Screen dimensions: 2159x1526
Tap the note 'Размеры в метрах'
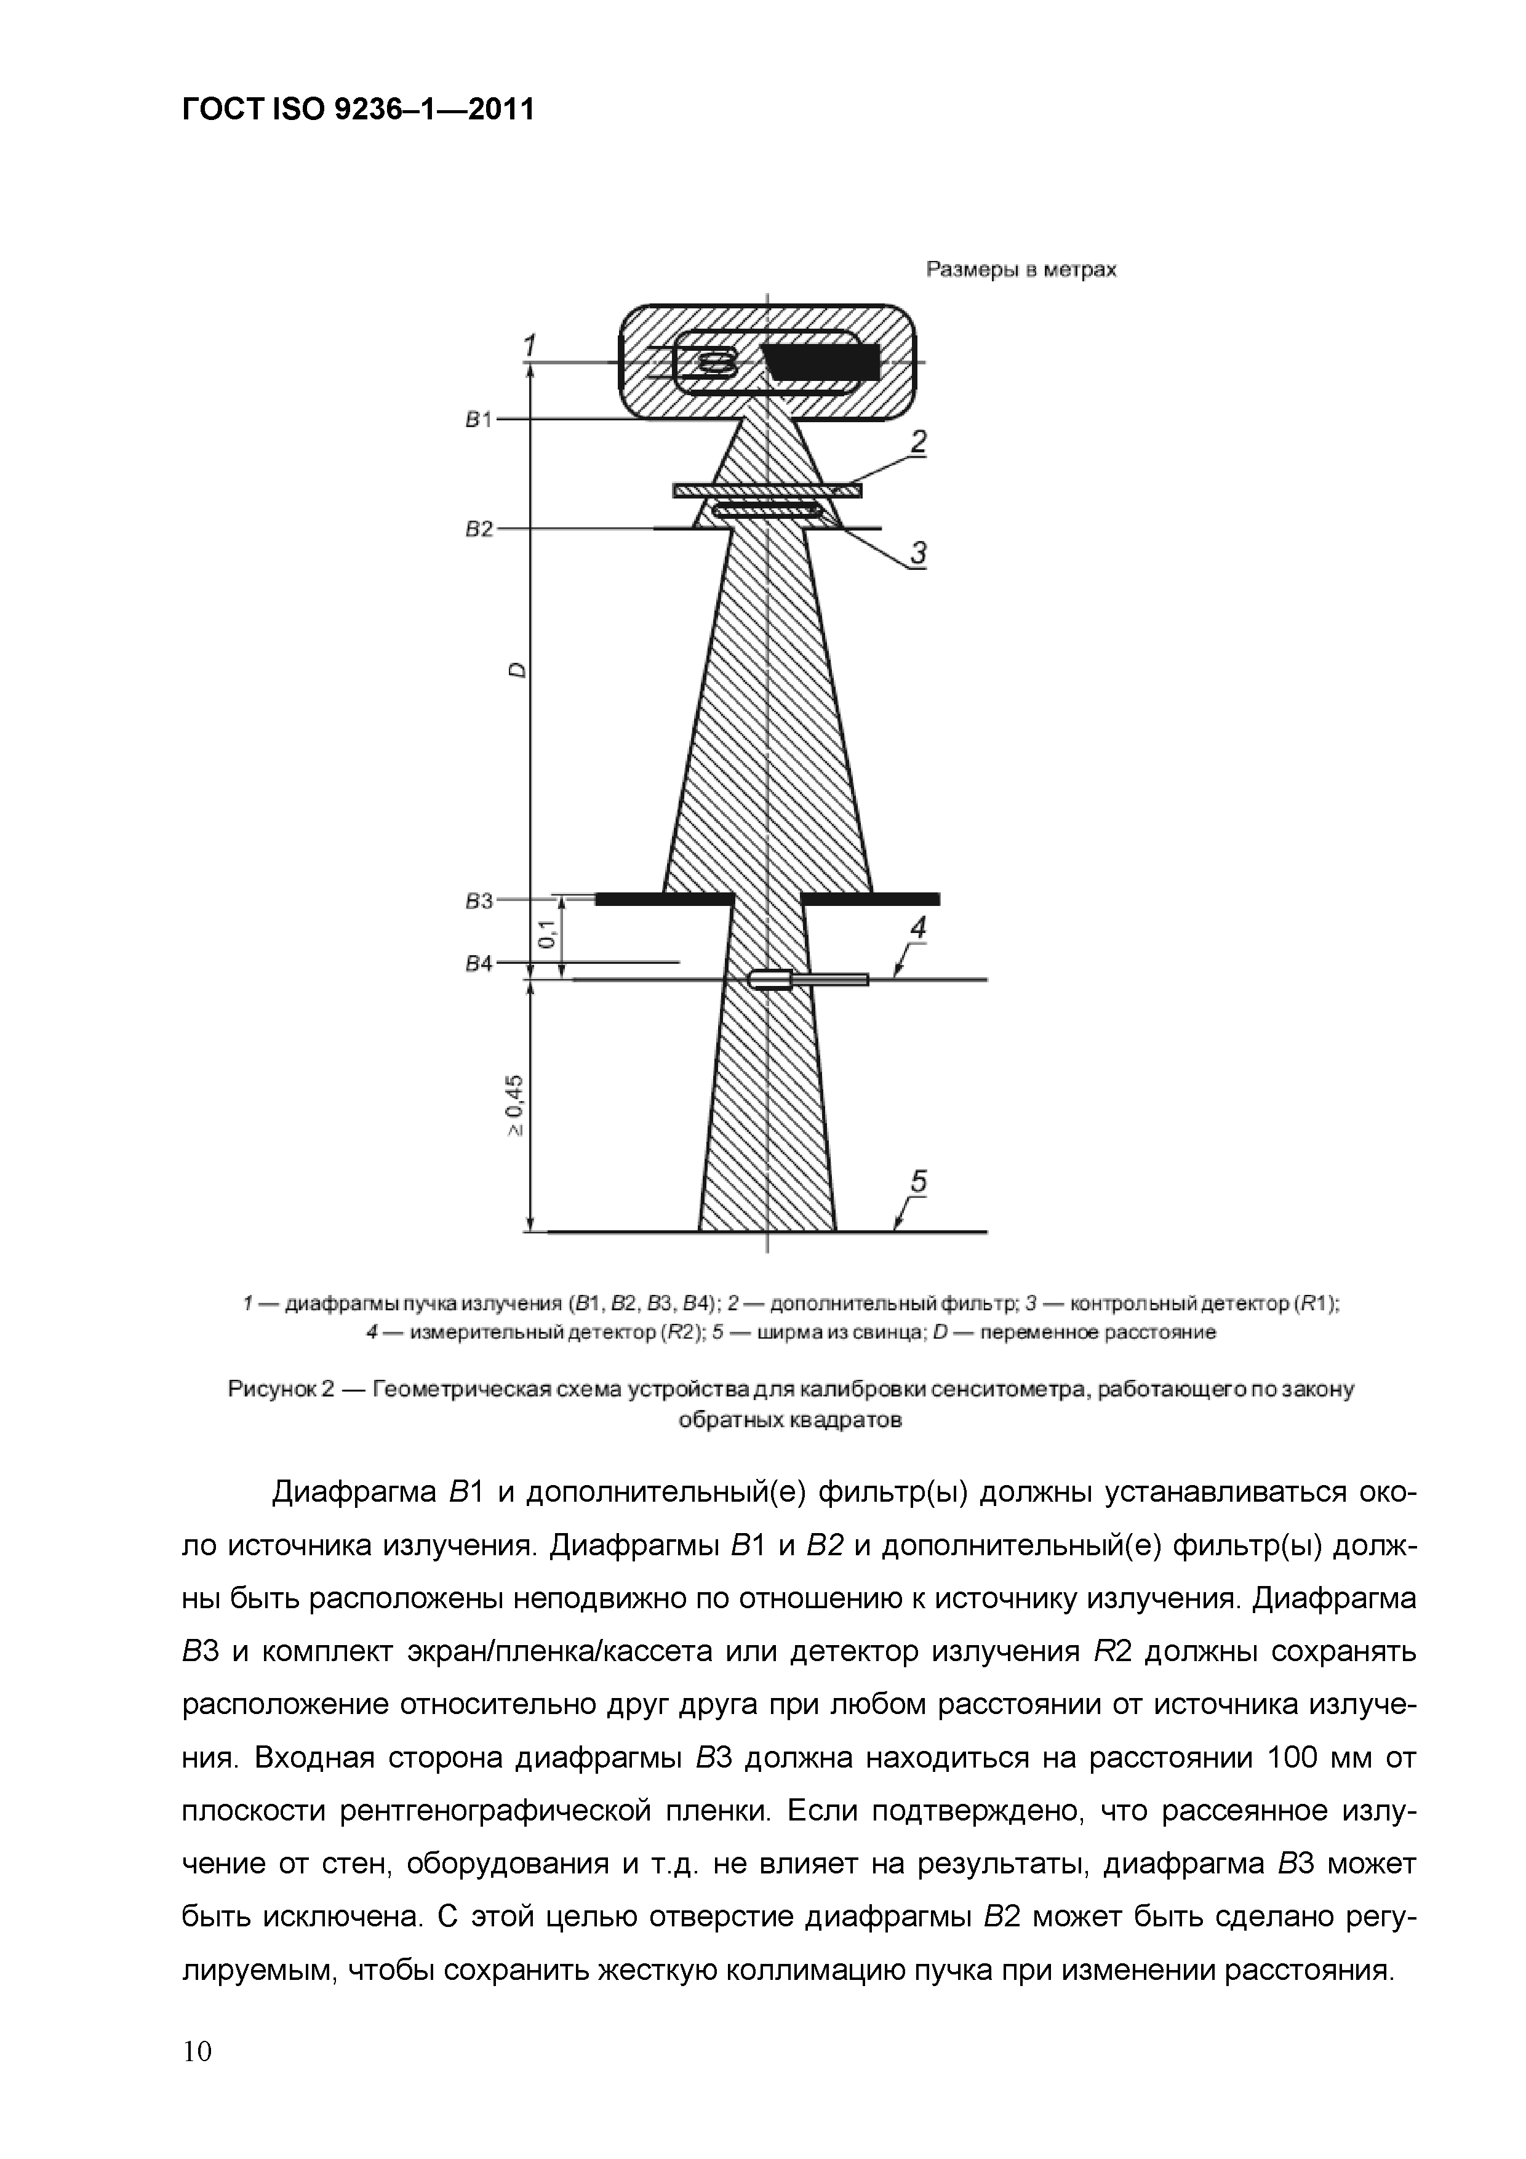(x=1021, y=270)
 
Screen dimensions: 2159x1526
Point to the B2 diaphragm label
(x=479, y=529)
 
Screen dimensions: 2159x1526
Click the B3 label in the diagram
(x=479, y=901)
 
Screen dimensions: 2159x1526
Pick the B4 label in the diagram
(x=479, y=964)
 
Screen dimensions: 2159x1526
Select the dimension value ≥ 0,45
(x=517, y=1105)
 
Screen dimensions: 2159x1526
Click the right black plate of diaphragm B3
(x=869, y=900)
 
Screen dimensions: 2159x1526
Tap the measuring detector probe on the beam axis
(x=769, y=980)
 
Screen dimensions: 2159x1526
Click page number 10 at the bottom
(x=198, y=2050)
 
